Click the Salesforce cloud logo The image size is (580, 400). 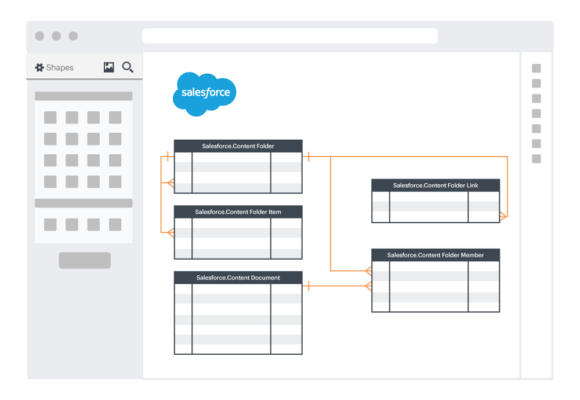[x=204, y=93]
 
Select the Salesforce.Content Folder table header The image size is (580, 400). [x=238, y=146]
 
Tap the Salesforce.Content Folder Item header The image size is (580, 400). [x=238, y=212]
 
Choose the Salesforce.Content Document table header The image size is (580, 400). [x=238, y=278]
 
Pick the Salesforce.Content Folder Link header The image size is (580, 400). [x=436, y=186]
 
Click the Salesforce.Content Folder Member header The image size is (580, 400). [x=436, y=255]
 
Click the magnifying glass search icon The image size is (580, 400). [x=128, y=67]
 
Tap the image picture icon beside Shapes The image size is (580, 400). [x=108, y=67]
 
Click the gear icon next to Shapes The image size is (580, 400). [x=39, y=68]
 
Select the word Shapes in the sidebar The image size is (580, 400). [x=60, y=68]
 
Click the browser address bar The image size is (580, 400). [x=289, y=36]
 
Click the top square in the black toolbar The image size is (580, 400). [x=536, y=68]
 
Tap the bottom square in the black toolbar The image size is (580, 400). [x=536, y=159]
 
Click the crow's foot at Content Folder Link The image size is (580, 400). [x=503, y=217]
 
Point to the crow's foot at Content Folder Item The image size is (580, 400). [x=170, y=232]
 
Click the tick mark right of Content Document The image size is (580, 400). [x=308, y=285]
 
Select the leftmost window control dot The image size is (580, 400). [x=39, y=36]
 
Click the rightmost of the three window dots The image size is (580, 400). [x=73, y=36]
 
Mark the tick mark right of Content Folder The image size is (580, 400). [x=308, y=157]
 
